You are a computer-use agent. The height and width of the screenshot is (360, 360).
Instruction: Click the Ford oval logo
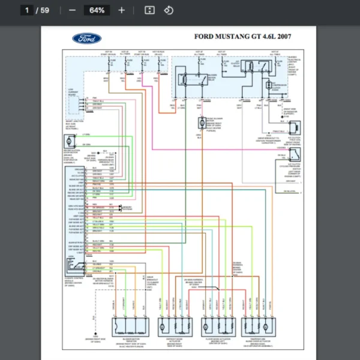click(87, 39)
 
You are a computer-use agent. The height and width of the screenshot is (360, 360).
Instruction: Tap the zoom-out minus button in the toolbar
click(73, 10)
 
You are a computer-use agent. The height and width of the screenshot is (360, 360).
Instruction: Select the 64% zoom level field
click(97, 10)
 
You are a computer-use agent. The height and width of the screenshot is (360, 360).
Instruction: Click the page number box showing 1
click(27, 10)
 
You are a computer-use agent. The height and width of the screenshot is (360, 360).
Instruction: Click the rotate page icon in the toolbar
click(169, 10)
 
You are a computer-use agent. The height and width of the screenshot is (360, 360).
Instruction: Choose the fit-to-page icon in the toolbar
click(150, 10)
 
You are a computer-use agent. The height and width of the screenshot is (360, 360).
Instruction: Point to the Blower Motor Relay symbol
click(185, 78)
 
